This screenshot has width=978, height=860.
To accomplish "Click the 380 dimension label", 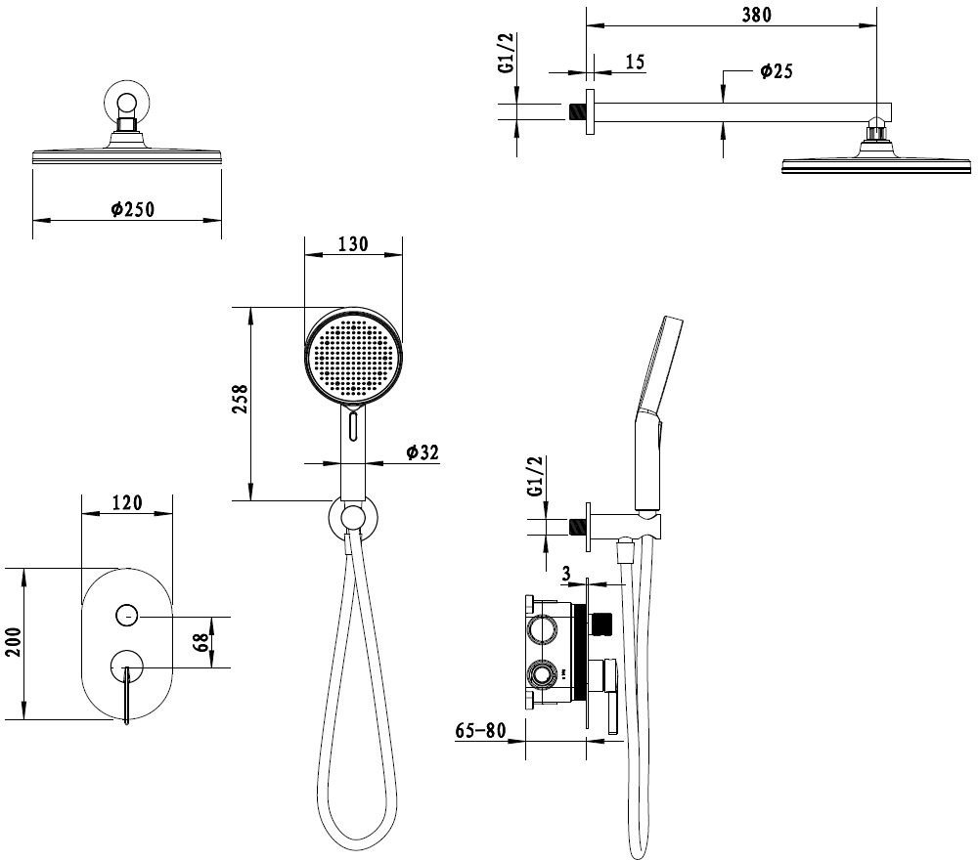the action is [756, 15].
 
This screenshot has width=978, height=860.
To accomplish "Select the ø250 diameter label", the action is [133, 209].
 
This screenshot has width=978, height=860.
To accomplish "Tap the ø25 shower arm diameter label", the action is [777, 71].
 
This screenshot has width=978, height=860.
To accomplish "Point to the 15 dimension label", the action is [635, 62].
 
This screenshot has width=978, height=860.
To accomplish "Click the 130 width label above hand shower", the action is [353, 243].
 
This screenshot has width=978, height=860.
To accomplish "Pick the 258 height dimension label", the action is [240, 399].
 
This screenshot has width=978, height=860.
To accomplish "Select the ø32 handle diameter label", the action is [422, 451].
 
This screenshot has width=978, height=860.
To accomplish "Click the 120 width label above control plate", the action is [127, 502].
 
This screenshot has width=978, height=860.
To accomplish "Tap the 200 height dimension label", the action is [14, 641].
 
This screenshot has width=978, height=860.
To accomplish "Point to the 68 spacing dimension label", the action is [200, 642].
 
